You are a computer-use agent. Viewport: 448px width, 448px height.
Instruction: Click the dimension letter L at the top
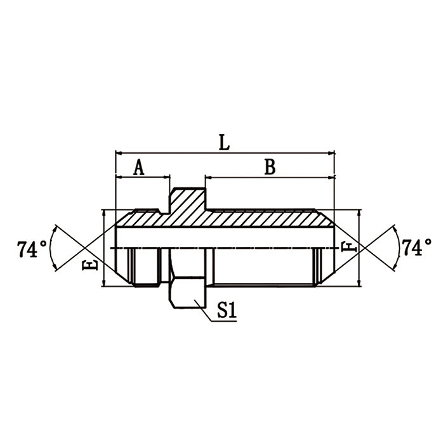click(x=223, y=142)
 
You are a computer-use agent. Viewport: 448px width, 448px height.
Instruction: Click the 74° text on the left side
click(x=31, y=249)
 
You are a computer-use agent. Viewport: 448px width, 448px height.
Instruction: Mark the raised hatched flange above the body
click(x=187, y=200)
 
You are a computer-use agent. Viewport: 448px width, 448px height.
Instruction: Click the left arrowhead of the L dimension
click(x=118, y=152)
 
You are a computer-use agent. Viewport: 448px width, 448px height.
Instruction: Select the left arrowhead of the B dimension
click(x=208, y=177)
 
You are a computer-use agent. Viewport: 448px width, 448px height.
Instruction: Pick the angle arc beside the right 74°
click(x=397, y=247)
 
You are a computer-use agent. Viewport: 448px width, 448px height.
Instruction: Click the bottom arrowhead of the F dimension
click(x=360, y=283)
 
